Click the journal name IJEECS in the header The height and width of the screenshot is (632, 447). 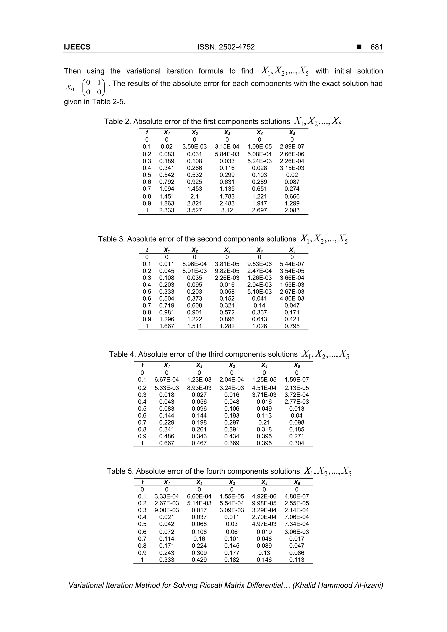coord(77,47)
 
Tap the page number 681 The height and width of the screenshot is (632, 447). coord(377,47)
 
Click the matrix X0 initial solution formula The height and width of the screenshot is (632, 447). coord(85,87)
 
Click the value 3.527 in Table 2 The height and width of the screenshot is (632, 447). coord(194,211)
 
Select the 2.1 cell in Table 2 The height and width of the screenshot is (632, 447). coord(194,197)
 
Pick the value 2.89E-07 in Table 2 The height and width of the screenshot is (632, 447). coord(292,147)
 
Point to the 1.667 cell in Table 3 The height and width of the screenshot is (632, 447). coord(167,326)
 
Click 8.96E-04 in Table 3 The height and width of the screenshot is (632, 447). coord(194,264)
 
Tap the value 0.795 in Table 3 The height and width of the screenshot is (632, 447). coord(292,326)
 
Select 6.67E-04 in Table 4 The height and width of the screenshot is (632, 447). coord(167,380)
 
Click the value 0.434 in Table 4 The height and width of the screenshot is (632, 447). coord(232,436)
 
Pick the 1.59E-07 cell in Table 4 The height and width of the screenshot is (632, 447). coord(297,380)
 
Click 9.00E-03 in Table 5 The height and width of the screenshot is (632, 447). coord(167,510)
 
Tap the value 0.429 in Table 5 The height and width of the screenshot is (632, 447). coord(199,560)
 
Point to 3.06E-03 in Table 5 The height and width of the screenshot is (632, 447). coord(297,532)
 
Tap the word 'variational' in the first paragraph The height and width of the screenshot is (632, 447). coord(143,71)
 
